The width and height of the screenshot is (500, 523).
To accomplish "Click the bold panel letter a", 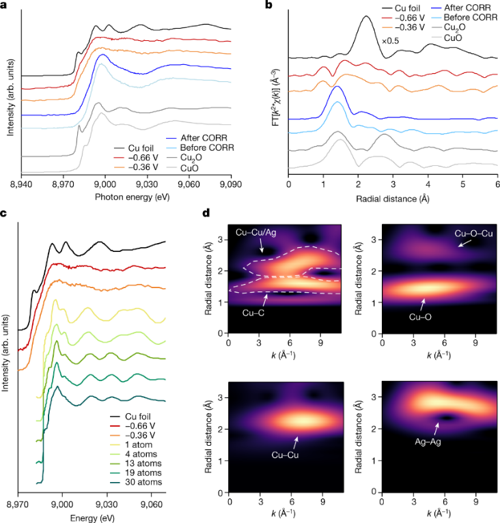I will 4,5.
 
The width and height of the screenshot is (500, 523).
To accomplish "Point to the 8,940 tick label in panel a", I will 22,183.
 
